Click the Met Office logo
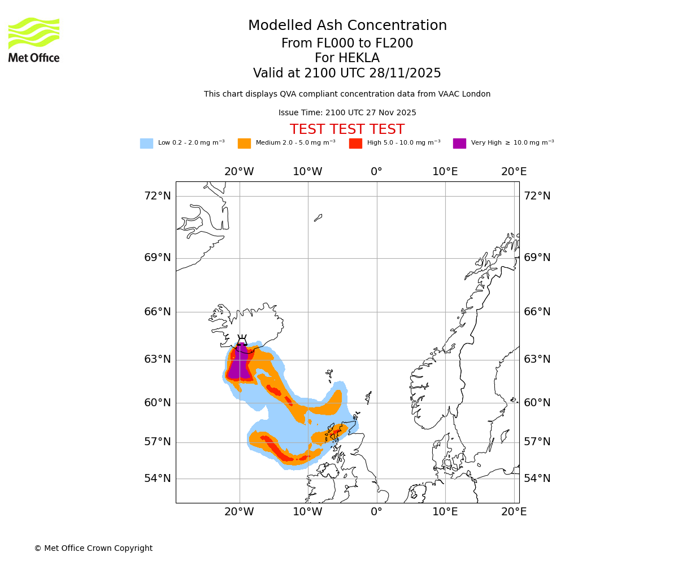click(x=34, y=40)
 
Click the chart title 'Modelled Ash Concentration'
click(x=347, y=26)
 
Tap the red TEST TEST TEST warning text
click(x=347, y=129)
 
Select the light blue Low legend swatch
click(x=146, y=144)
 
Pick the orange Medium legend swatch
click(x=244, y=144)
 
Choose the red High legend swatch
click(x=355, y=144)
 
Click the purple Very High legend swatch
click(x=459, y=144)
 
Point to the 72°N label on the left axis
click(x=157, y=196)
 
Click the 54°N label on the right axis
click(x=537, y=479)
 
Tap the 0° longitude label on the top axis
click(x=376, y=172)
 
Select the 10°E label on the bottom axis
click(x=445, y=512)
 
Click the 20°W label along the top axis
click(x=239, y=172)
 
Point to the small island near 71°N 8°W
click(x=318, y=218)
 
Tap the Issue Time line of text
click(x=347, y=113)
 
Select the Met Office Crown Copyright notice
click(x=93, y=548)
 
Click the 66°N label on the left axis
click(x=157, y=312)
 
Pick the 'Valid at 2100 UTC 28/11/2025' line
click(x=347, y=73)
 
